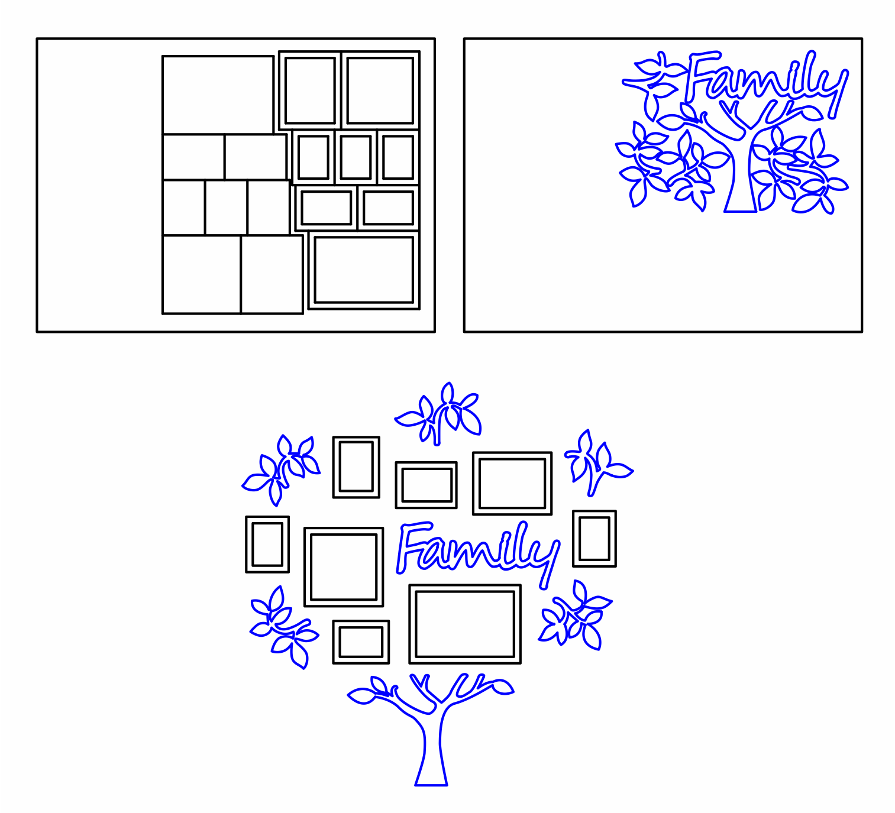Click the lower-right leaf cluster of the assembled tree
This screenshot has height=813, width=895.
[x=576, y=616]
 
